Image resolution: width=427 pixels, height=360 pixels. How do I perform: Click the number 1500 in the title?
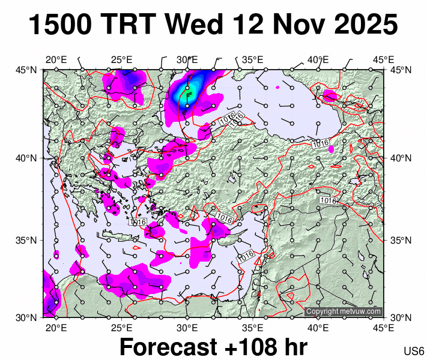click(x=61, y=26)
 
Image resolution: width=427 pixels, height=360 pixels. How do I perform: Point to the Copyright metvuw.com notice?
click(x=343, y=311)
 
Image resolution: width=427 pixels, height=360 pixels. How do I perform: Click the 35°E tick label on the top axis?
click(x=253, y=59)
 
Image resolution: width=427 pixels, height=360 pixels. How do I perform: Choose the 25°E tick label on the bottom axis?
click(x=122, y=328)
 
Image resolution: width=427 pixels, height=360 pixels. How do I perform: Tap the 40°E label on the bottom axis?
click(x=318, y=328)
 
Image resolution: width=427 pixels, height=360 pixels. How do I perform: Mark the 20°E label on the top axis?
click(x=56, y=59)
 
